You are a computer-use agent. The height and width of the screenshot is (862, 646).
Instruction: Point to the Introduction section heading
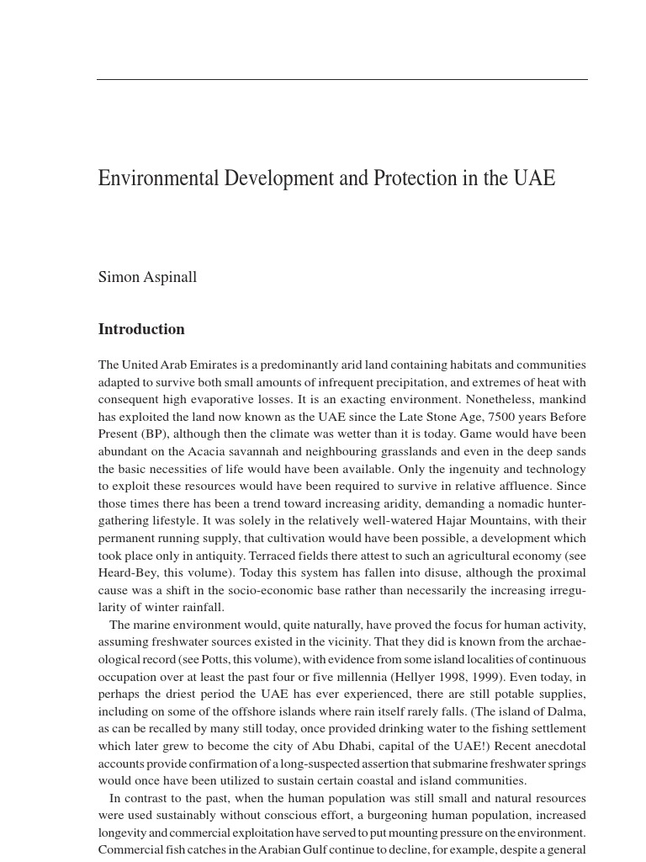[141, 329]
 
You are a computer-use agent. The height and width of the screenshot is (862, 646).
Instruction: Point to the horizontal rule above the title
[342, 80]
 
